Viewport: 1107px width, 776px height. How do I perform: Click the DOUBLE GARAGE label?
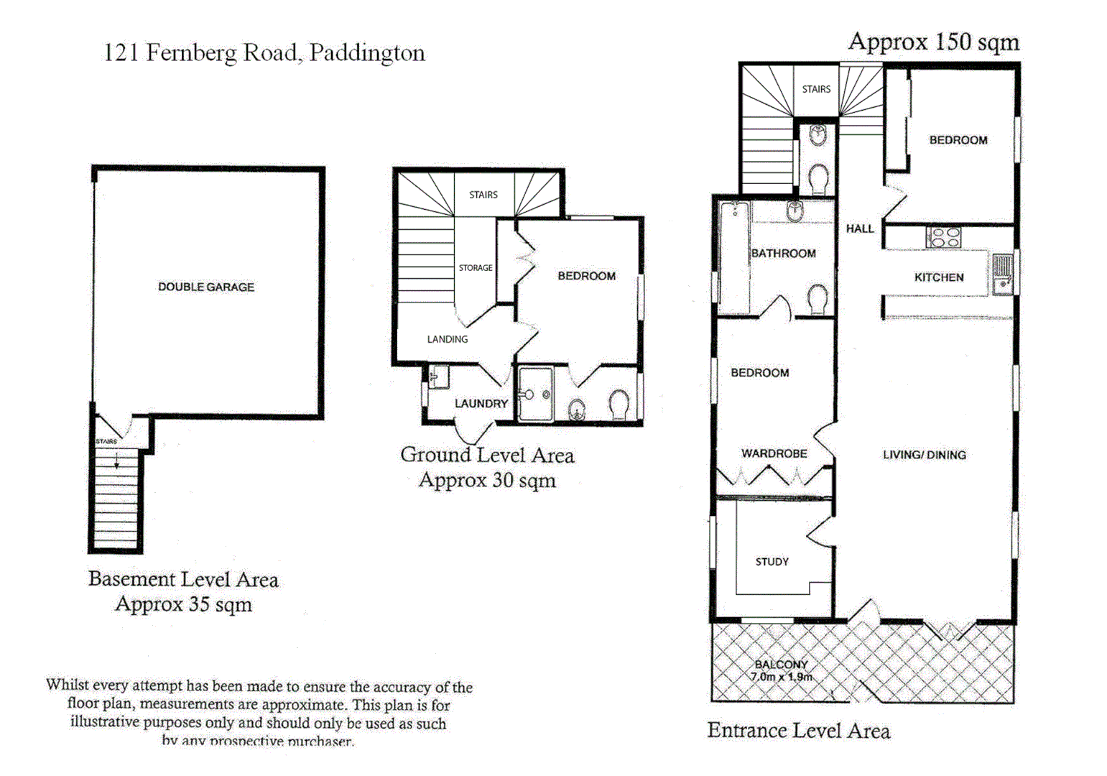[x=206, y=287]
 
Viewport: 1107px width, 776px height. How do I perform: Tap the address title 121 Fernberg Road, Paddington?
[x=264, y=53]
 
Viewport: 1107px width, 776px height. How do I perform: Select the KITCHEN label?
[x=938, y=277]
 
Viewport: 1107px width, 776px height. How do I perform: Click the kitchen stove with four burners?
[x=943, y=237]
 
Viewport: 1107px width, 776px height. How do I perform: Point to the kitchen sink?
[x=1002, y=273]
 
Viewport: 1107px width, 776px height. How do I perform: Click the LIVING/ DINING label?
[x=924, y=455]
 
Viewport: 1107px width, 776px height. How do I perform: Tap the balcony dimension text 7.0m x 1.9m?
[x=781, y=677]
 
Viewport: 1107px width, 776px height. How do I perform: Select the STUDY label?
[x=772, y=562]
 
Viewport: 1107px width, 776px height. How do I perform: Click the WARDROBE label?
[x=774, y=453]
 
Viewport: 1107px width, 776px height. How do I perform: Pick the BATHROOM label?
[x=783, y=254]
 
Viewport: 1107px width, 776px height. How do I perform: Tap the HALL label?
[x=859, y=228]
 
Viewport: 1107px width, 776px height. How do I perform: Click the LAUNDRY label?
[x=481, y=404]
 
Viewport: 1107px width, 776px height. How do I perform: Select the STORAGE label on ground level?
[x=476, y=268]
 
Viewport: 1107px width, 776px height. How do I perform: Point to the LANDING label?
[x=447, y=339]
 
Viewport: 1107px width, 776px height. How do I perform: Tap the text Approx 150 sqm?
[x=933, y=42]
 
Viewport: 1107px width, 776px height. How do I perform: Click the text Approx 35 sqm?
[x=183, y=604]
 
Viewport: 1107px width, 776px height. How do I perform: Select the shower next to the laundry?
[x=535, y=394]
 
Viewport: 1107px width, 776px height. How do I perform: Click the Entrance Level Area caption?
[x=798, y=731]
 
